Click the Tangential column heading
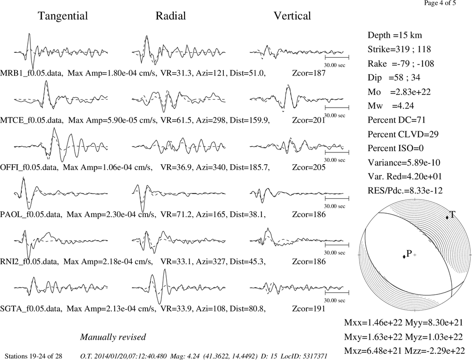click(x=63, y=16)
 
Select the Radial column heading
click(x=171, y=16)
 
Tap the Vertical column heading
click(x=292, y=16)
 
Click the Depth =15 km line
click(x=395, y=35)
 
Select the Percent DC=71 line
click(x=396, y=120)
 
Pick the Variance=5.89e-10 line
click(x=404, y=162)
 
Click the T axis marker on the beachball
click(x=447, y=218)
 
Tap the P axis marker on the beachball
click(x=404, y=257)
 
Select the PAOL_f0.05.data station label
click(x=31, y=214)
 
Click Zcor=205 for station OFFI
click(x=309, y=167)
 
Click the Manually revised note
click(x=113, y=337)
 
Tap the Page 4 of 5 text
click(x=440, y=3)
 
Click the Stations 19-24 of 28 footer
click(x=34, y=356)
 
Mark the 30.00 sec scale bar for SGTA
click(x=337, y=292)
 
